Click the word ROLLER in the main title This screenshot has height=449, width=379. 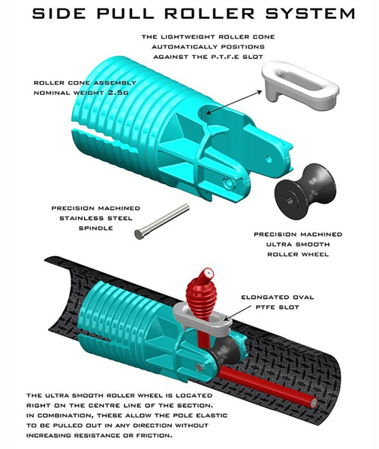coord(209,14)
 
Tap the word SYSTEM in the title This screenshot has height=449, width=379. coord(310,14)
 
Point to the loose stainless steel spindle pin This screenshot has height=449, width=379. coord(162,221)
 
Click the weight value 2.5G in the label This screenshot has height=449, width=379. coord(118,93)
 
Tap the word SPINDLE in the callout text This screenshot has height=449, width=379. coord(96,228)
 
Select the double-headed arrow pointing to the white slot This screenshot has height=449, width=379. coord(233,102)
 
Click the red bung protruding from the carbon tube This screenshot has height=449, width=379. coord(202,295)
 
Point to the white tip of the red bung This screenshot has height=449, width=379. coord(208,273)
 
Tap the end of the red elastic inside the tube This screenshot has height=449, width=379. coord(313,402)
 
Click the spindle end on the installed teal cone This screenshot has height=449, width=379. coord(199,367)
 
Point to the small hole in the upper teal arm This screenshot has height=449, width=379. coord(268,159)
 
